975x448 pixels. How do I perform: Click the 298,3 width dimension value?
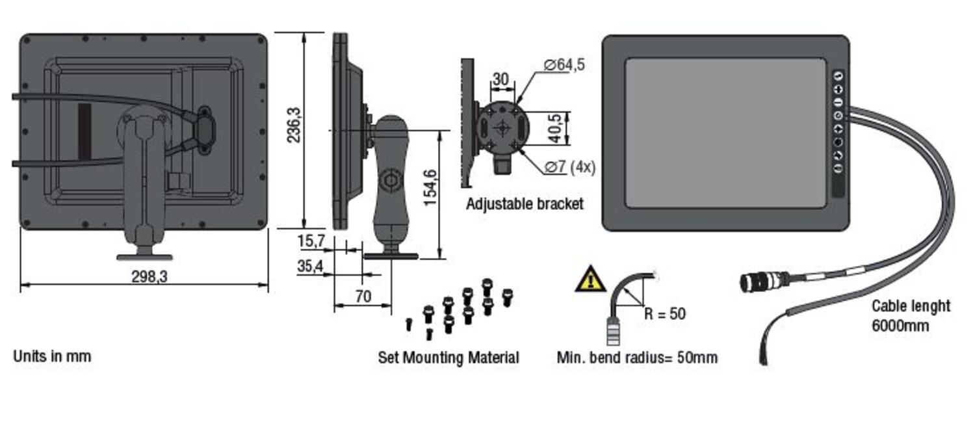click(x=149, y=276)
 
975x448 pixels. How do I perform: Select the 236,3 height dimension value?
click(x=294, y=125)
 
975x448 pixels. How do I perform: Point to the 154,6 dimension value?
click(x=430, y=187)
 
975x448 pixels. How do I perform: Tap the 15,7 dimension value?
click(x=311, y=241)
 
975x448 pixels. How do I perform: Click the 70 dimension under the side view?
click(x=363, y=296)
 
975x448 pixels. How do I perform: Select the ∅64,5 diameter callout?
click(x=564, y=64)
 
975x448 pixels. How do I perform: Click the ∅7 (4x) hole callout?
click(x=569, y=167)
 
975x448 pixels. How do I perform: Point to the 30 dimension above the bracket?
click(x=500, y=79)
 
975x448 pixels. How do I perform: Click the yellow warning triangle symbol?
click(x=590, y=279)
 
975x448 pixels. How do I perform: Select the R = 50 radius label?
click(x=664, y=313)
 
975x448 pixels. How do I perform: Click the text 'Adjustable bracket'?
click(x=525, y=204)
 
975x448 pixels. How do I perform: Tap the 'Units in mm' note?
click(x=52, y=356)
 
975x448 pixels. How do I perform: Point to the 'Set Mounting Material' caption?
click(x=448, y=358)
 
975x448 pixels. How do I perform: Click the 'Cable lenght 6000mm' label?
click(x=910, y=315)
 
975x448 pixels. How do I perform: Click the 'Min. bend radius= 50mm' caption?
click(x=637, y=358)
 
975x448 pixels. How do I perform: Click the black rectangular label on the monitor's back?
click(x=84, y=131)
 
